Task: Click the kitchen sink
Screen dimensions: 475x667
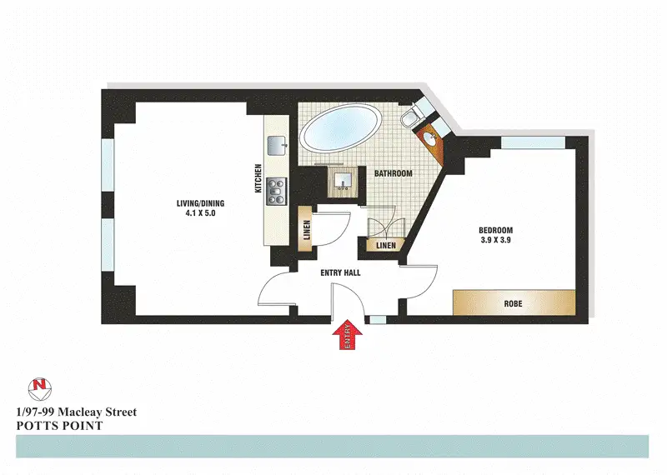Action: click(x=277, y=145)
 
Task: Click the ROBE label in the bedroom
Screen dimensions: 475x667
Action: click(x=514, y=303)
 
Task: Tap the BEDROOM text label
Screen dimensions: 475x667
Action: click(x=495, y=231)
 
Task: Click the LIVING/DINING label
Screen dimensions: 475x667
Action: click(x=201, y=203)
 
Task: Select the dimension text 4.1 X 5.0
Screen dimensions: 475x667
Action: click(x=201, y=213)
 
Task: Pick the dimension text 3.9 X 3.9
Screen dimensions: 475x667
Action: click(x=495, y=241)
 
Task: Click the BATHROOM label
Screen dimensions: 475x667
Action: click(x=393, y=173)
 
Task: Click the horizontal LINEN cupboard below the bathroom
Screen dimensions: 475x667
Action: click(x=385, y=246)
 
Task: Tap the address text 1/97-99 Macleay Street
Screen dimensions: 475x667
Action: click(x=76, y=412)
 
